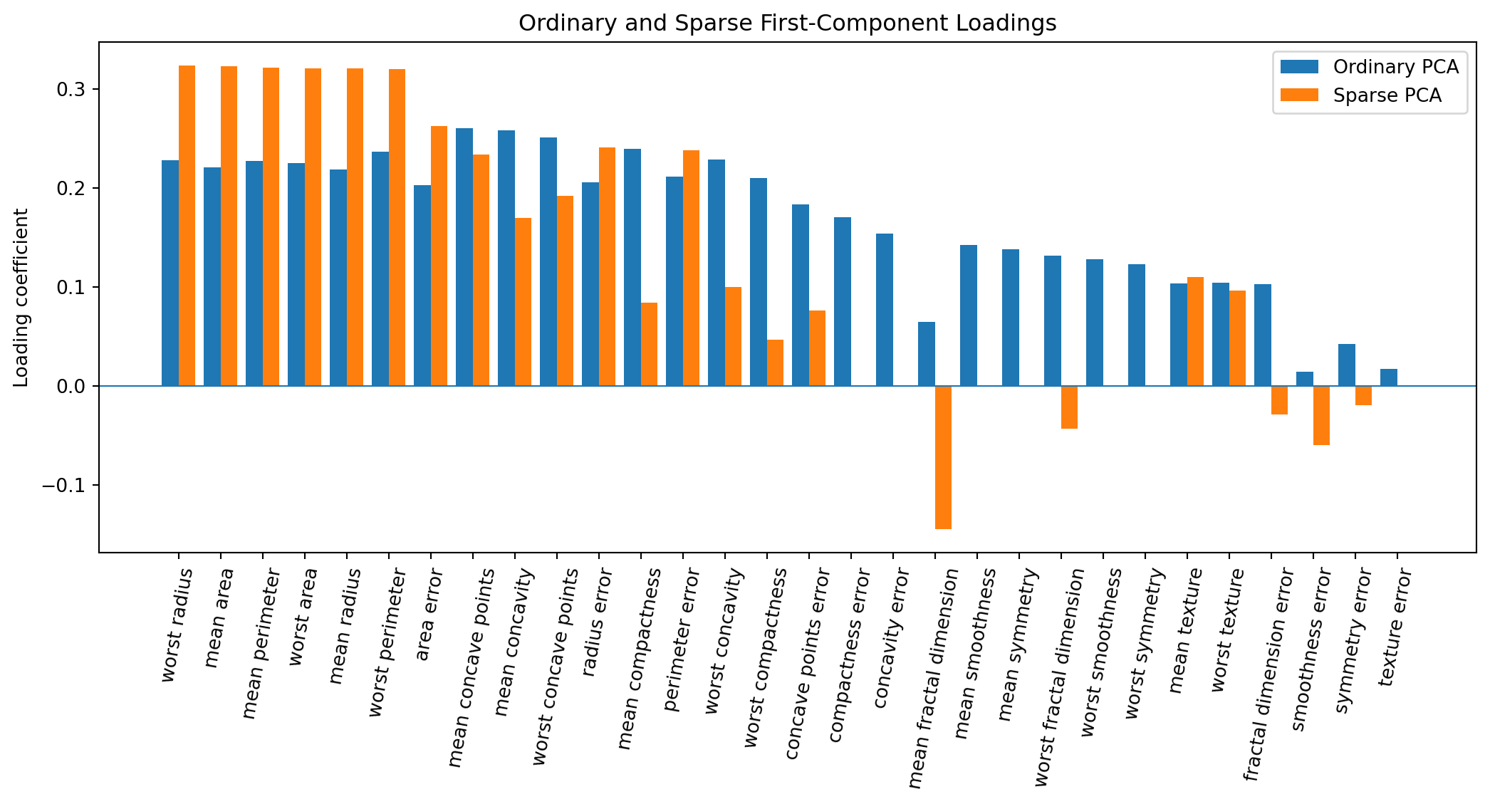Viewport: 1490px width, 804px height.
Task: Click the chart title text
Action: coord(787,24)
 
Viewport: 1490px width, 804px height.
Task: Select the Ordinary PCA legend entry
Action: coord(1369,67)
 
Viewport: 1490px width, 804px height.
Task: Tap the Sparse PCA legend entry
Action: coord(1360,95)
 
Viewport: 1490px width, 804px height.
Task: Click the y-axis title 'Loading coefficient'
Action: coord(21,298)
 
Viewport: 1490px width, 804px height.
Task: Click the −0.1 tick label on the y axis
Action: coord(63,486)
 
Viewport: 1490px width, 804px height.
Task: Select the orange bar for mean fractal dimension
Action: coord(943,457)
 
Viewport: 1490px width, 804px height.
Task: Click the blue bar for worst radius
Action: coord(170,273)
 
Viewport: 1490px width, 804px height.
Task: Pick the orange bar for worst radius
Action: coord(187,226)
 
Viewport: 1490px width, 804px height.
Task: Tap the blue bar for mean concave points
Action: coord(464,257)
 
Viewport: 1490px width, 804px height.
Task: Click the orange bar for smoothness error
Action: coord(1321,415)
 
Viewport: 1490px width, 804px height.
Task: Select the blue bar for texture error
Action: coord(1389,377)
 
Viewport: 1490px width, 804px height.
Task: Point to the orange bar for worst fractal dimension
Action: coord(1069,407)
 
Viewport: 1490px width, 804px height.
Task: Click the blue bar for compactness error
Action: coord(843,302)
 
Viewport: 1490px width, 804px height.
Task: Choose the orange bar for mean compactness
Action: coord(649,345)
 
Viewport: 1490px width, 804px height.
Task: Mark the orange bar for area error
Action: coord(439,256)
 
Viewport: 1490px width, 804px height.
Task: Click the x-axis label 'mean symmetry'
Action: coord(1018,644)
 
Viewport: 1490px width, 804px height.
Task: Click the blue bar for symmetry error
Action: coord(1347,365)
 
